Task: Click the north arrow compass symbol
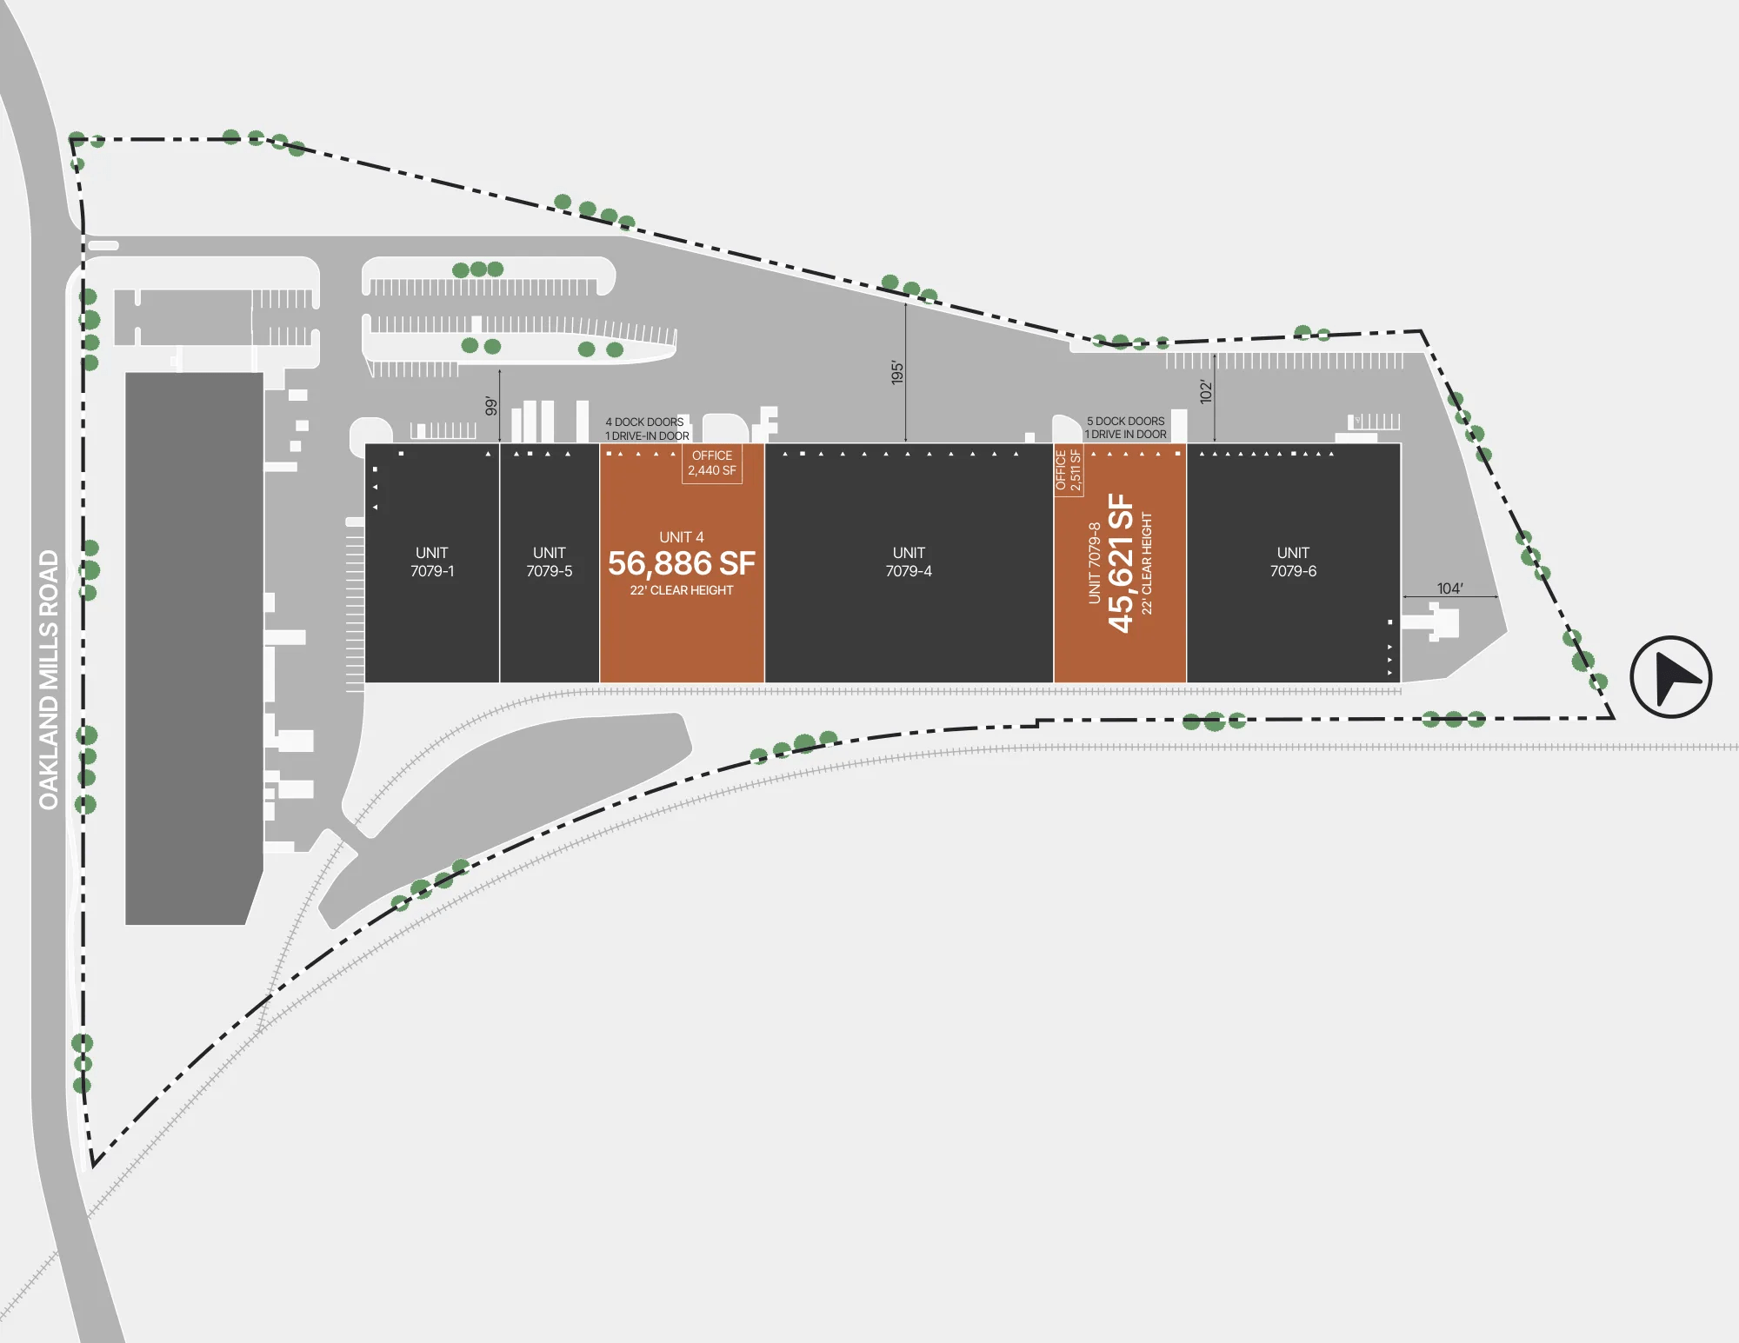[x=1670, y=677]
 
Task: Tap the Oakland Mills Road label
[x=49, y=680]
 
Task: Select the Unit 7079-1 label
[x=432, y=562]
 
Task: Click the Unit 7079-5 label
[x=550, y=562]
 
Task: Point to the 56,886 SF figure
[x=682, y=563]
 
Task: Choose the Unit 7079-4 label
[x=909, y=562]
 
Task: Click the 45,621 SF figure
[x=1122, y=562]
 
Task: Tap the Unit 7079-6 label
[x=1293, y=562]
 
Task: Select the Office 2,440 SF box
[x=712, y=463]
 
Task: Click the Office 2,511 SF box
[x=1069, y=470]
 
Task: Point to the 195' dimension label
[x=897, y=373]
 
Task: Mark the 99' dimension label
[x=491, y=406]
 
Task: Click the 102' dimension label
[x=1206, y=391]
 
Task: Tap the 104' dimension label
[x=1449, y=588]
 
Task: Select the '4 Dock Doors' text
[x=644, y=422]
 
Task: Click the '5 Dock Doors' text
[x=1125, y=421]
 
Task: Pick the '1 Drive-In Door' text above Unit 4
[x=647, y=435]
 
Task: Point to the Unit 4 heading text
[x=682, y=537]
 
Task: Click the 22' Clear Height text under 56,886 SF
[x=682, y=590]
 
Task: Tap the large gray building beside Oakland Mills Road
[x=194, y=648]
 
